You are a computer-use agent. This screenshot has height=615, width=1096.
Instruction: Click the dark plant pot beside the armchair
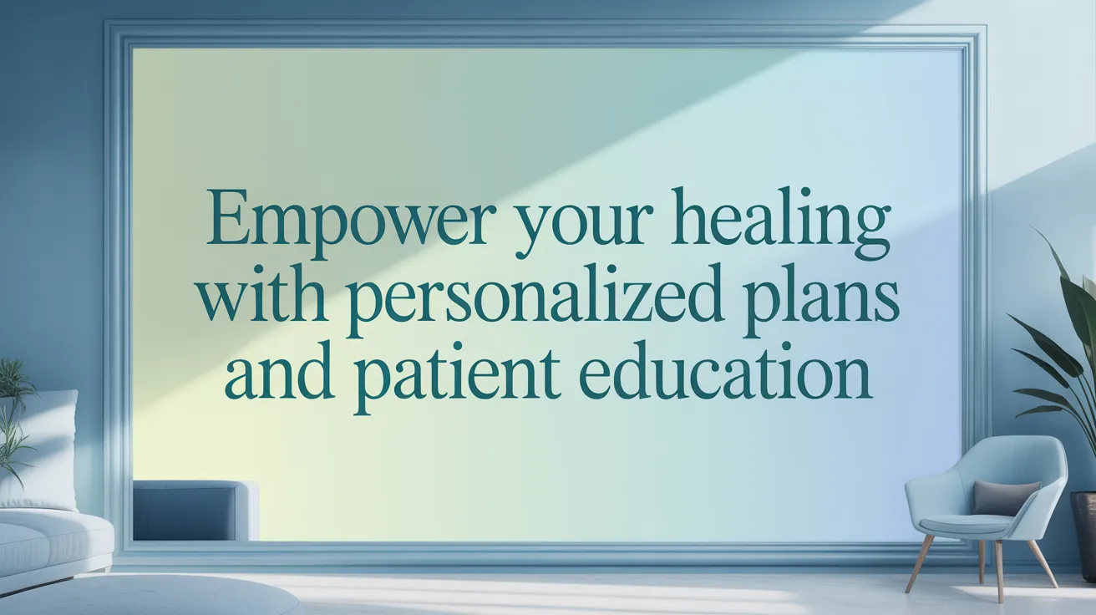(x=1083, y=535)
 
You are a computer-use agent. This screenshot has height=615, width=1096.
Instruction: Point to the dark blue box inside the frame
(x=195, y=511)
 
